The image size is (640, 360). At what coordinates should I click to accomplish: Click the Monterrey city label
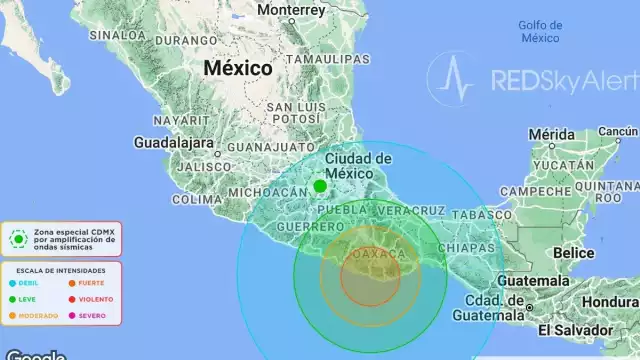291,10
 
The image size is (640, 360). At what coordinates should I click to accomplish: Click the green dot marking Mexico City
320,186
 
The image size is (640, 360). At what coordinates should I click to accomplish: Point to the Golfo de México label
541,31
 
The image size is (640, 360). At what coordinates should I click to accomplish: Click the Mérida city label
552,134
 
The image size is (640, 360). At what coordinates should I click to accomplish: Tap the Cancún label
618,131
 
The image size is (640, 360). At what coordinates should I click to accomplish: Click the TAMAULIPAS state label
323,59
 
